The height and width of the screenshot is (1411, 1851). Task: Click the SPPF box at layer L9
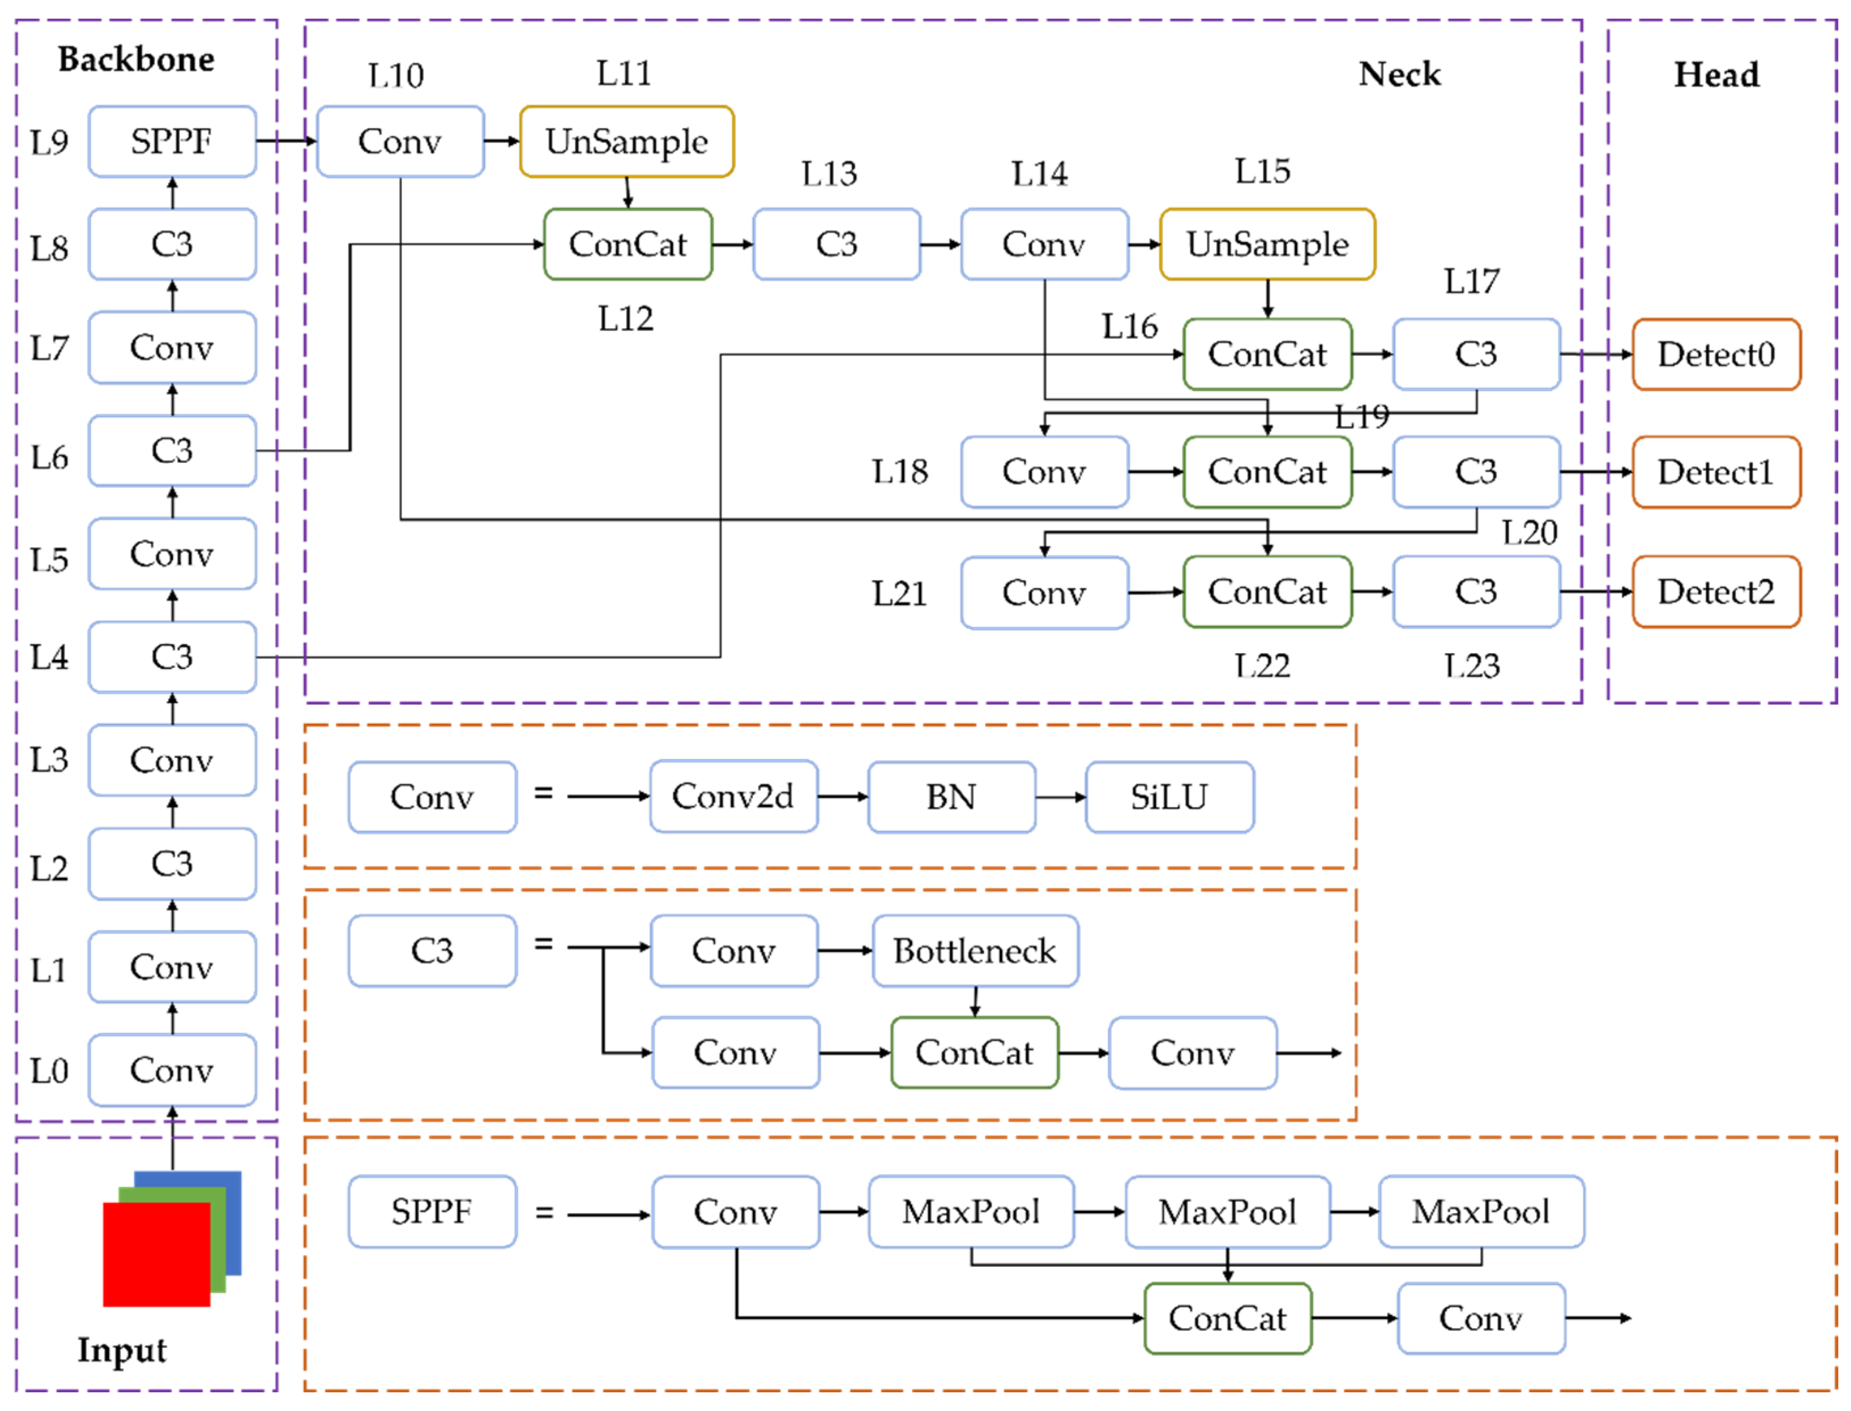(x=172, y=141)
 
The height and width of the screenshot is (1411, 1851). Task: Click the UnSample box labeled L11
(x=626, y=141)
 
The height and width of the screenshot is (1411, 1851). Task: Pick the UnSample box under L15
(x=1266, y=244)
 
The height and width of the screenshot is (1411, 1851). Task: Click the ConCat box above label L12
(x=627, y=244)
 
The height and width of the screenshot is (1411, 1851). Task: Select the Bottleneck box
(x=974, y=951)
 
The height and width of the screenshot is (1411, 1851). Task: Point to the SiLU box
(x=1169, y=796)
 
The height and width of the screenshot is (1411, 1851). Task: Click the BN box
(x=951, y=796)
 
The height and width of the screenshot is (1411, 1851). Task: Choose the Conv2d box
(x=733, y=796)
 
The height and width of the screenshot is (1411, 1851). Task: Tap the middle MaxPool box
(x=1227, y=1211)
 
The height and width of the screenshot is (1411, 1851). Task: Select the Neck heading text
(x=1399, y=74)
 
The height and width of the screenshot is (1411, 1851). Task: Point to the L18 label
(x=899, y=472)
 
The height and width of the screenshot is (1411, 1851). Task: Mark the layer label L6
(x=48, y=458)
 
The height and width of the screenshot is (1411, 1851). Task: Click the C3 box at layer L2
(x=172, y=863)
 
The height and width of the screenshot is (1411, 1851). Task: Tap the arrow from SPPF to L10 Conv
(x=285, y=141)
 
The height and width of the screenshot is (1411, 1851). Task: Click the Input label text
(x=122, y=1349)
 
